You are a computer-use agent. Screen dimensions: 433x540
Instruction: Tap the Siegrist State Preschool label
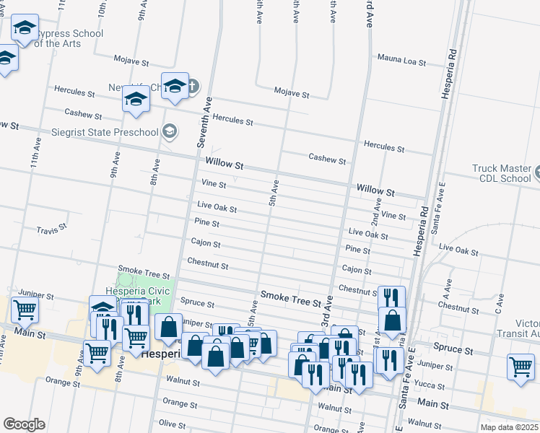click(105, 132)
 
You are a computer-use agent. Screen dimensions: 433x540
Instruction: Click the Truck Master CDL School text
click(501, 174)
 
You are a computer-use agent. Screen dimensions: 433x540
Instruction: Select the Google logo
click(24, 424)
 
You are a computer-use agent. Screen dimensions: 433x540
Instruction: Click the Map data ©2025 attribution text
click(509, 427)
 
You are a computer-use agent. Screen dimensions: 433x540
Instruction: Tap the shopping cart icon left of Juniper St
click(25, 310)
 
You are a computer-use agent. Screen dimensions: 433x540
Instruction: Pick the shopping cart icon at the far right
click(521, 366)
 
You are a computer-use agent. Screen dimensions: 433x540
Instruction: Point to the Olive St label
click(172, 423)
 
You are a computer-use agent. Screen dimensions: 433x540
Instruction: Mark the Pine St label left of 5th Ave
click(206, 224)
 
